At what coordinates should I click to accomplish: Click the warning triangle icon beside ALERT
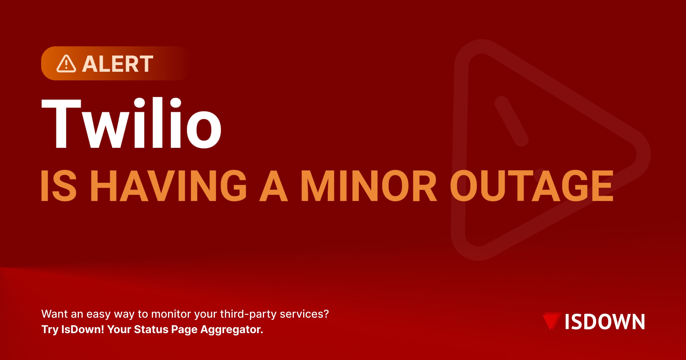click(66, 64)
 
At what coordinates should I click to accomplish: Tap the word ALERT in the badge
click(118, 64)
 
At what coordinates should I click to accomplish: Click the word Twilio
click(131, 124)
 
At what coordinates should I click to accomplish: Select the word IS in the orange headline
click(59, 186)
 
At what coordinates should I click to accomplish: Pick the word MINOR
click(369, 186)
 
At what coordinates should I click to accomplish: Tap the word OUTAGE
click(532, 186)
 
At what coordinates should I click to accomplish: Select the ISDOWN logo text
click(605, 322)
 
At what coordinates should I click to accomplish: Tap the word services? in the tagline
click(304, 314)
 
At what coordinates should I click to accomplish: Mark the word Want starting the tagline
click(54, 314)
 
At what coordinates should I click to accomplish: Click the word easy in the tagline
click(98, 314)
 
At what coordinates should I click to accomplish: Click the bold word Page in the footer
click(184, 330)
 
